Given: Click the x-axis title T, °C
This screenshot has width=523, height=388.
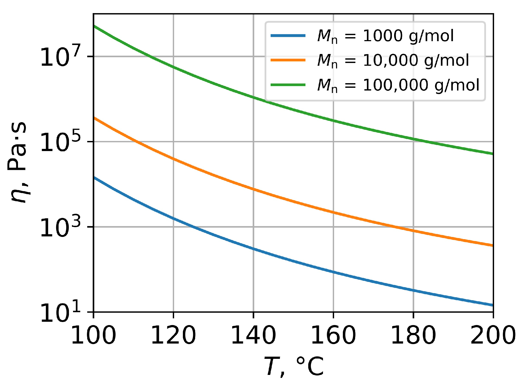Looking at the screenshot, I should (294, 367).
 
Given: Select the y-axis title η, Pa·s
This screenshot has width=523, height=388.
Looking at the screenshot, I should (18, 162).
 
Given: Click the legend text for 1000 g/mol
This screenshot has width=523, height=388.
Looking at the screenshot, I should (385, 36).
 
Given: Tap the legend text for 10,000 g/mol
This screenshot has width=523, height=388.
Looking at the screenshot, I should (393, 61).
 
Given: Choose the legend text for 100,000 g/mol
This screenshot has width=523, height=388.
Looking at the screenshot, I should (398, 85).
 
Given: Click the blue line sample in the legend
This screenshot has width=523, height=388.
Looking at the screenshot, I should (288, 35).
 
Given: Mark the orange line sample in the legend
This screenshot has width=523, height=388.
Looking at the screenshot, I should (288, 60).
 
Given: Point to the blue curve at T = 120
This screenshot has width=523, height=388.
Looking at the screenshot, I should (173, 218).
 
